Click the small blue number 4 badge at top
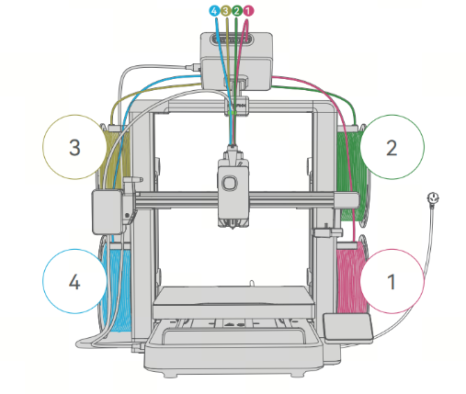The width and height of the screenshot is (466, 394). point(214,11)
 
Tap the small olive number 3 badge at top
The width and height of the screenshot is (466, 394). point(225,11)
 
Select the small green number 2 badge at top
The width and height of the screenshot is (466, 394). point(237,11)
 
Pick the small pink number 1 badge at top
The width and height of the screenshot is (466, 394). point(248,11)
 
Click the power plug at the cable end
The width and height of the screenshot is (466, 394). point(433,199)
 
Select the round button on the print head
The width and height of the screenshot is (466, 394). point(229,183)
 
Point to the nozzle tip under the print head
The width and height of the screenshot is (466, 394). point(233,227)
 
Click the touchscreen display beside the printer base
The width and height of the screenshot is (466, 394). point(347,328)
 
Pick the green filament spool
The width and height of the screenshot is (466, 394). point(352,174)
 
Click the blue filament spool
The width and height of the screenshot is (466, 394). point(117,285)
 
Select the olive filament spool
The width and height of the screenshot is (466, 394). point(115,156)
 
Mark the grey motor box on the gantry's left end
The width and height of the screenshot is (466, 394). point(108,212)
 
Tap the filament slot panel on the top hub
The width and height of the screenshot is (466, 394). point(232,39)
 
